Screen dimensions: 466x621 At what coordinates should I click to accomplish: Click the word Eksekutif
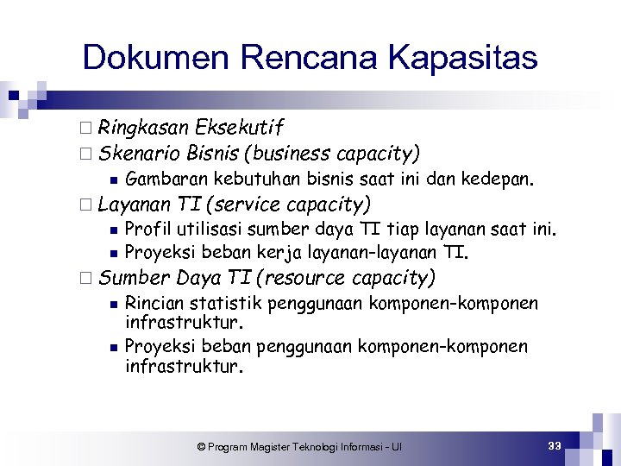[239, 129]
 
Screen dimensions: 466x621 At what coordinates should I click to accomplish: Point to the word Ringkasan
[143, 129]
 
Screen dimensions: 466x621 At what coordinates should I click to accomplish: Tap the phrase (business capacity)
[333, 154]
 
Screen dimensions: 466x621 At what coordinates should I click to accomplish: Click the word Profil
[145, 230]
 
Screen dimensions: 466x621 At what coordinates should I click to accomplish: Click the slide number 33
[554, 445]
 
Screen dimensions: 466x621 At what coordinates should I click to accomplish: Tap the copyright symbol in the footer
[201, 447]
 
